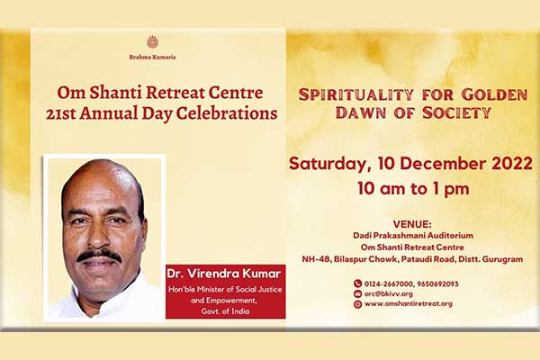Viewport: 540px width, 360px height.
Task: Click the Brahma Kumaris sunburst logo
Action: tap(152, 41)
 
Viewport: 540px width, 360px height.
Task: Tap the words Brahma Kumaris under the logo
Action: tap(153, 57)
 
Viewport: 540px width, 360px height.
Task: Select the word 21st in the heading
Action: tap(60, 113)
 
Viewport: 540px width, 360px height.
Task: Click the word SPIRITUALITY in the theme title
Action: tap(356, 94)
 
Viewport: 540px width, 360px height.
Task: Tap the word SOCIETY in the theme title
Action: tap(456, 112)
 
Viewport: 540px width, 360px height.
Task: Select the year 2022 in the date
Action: tap(512, 163)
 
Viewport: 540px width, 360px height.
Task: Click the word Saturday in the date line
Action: tap(328, 164)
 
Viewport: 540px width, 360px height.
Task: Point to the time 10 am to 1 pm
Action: tap(413, 188)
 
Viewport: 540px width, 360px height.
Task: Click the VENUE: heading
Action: tap(412, 224)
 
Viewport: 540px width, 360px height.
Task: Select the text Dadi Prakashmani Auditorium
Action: tap(413, 236)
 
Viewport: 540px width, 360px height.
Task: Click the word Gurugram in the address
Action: tap(502, 259)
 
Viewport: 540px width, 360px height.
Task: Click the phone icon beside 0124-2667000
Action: tap(357, 283)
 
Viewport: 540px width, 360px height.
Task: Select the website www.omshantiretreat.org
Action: tap(408, 304)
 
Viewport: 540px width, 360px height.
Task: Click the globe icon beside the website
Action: tap(357, 304)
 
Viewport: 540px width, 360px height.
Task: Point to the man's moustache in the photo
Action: tap(99, 256)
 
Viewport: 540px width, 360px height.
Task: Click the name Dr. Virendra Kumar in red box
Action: tap(223, 274)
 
